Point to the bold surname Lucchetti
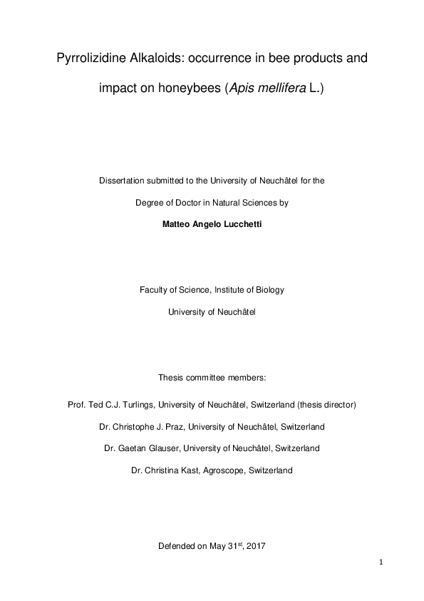[x=239, y=223]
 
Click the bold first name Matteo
[x=178, y=223]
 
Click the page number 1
[x=381, y=562]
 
